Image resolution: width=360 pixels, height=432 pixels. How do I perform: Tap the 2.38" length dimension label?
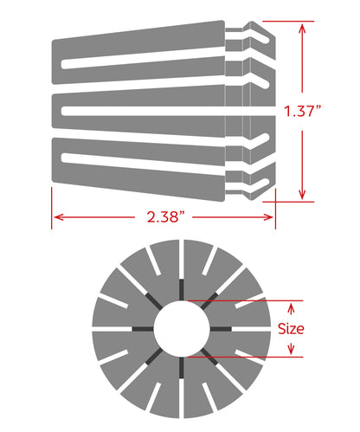tap(163, 217)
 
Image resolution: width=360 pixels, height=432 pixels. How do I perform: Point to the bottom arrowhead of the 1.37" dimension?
tap(302, 196)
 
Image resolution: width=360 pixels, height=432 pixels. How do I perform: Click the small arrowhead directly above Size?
tap(292, 305)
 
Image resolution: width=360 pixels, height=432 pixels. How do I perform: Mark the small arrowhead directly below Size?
tap(292, 351)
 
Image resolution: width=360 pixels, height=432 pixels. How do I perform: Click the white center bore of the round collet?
tap(180, 328)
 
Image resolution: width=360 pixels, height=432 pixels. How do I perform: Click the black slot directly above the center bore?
tap(180, 290)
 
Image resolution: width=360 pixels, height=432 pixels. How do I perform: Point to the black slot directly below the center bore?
tap(180, 367)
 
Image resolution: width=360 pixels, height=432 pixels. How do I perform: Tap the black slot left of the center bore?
tap(141, 328)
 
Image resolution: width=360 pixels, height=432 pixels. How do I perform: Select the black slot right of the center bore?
tap(218, 328)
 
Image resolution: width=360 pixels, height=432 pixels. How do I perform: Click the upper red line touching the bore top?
tap(242, 300)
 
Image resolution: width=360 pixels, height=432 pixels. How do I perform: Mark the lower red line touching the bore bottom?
tap(242, 356)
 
